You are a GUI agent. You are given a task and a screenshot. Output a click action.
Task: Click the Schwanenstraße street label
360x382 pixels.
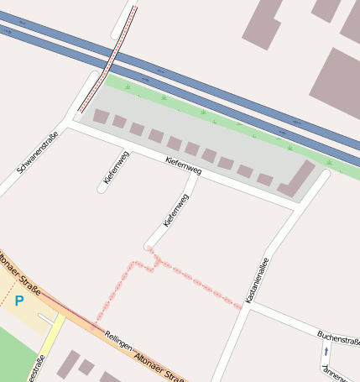tap(38, 153)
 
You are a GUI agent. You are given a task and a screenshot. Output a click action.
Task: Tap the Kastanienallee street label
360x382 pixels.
tap(256, 280)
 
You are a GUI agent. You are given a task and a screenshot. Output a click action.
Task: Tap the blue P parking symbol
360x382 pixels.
tap(19, 301)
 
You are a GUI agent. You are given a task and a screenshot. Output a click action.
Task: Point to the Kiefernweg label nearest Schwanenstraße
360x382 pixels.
tap(117, 167)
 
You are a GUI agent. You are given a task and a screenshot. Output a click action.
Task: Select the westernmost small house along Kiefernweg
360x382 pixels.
tap(101, 117)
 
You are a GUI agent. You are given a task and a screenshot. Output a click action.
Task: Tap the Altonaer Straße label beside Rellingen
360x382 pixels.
tap(159, 363)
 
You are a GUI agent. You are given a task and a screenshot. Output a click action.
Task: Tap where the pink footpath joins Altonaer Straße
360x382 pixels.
tap(94, 325)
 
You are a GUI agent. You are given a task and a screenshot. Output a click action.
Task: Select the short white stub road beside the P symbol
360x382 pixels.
tap(46, 318)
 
